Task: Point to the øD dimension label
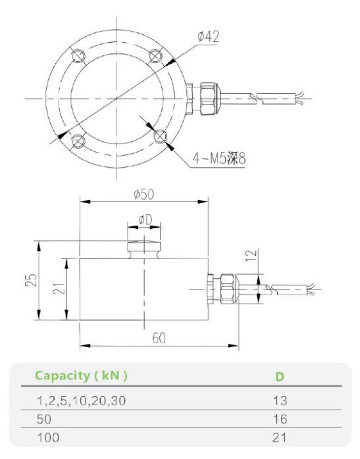point(145,220)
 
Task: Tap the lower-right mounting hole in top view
point(159,135)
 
